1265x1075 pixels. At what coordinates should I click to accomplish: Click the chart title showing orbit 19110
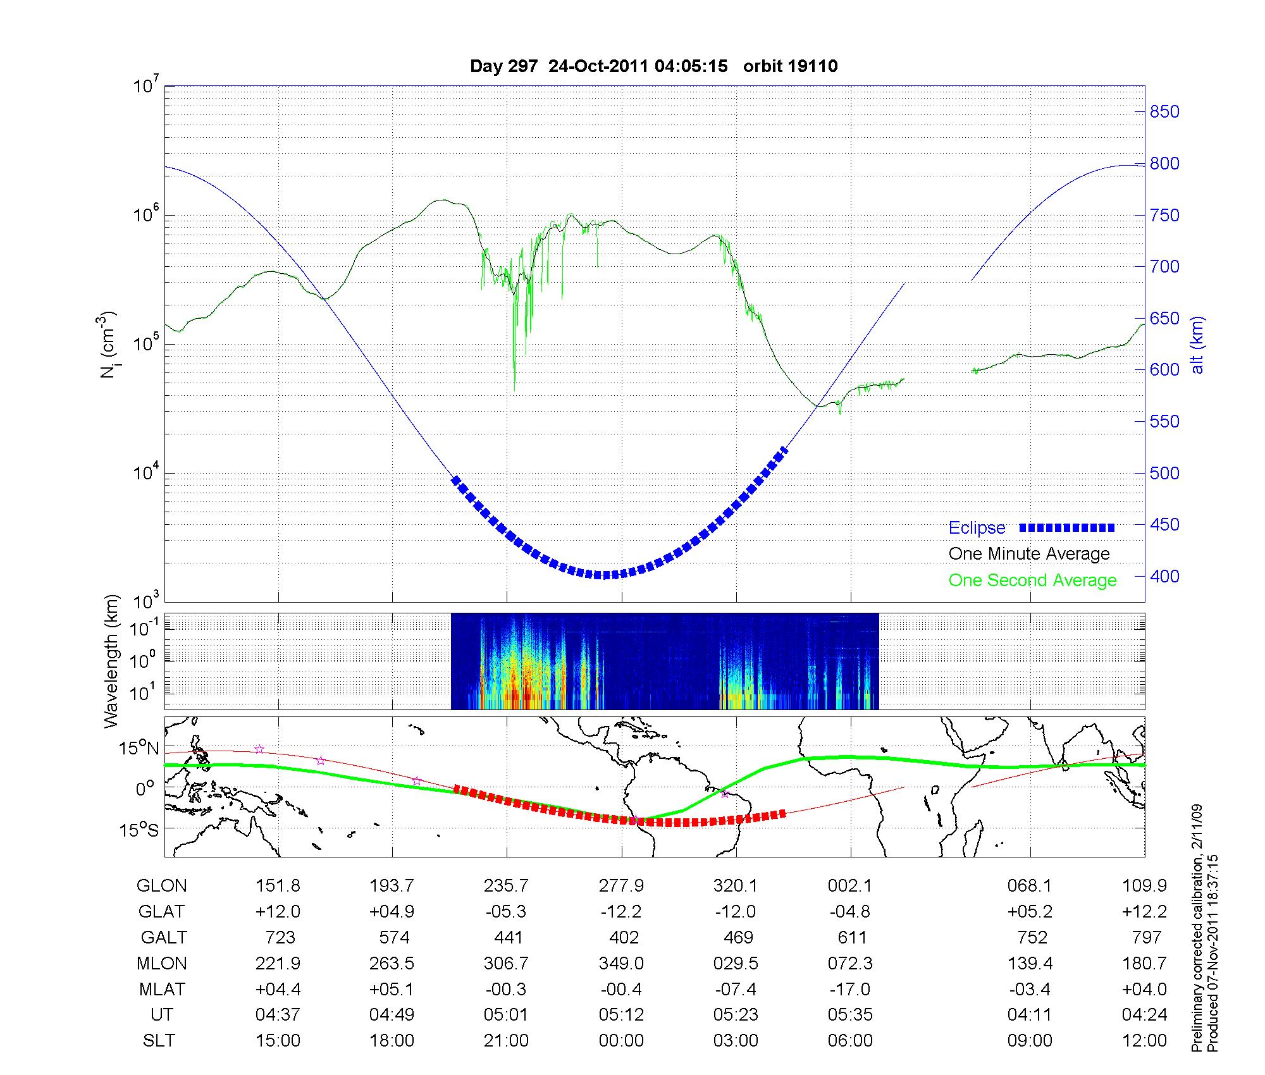(x=653, y=66)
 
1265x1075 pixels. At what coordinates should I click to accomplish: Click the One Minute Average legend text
(x=1029, y=554)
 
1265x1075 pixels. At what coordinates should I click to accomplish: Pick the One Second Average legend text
(x=1032, y=580)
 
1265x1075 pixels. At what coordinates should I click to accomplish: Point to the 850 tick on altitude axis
(x=1164, y=112)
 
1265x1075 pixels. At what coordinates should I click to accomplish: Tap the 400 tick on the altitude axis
(x=1164, y=576)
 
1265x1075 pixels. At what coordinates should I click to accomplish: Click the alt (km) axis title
(x=1197, y=345)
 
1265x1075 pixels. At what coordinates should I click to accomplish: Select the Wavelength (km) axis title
(x=111, y=661)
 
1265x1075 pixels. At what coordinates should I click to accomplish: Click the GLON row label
(x=161, y=886)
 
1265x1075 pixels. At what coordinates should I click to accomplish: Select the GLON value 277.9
(x=621, y=886)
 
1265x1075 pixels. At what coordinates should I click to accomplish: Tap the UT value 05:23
(x=736, y=1015)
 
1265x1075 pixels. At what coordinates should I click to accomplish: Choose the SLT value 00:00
(x=621, y=1041)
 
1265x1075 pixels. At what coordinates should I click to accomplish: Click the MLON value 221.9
(x=278, y=963)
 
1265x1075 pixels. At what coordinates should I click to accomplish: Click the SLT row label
(x=159, y=1041)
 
